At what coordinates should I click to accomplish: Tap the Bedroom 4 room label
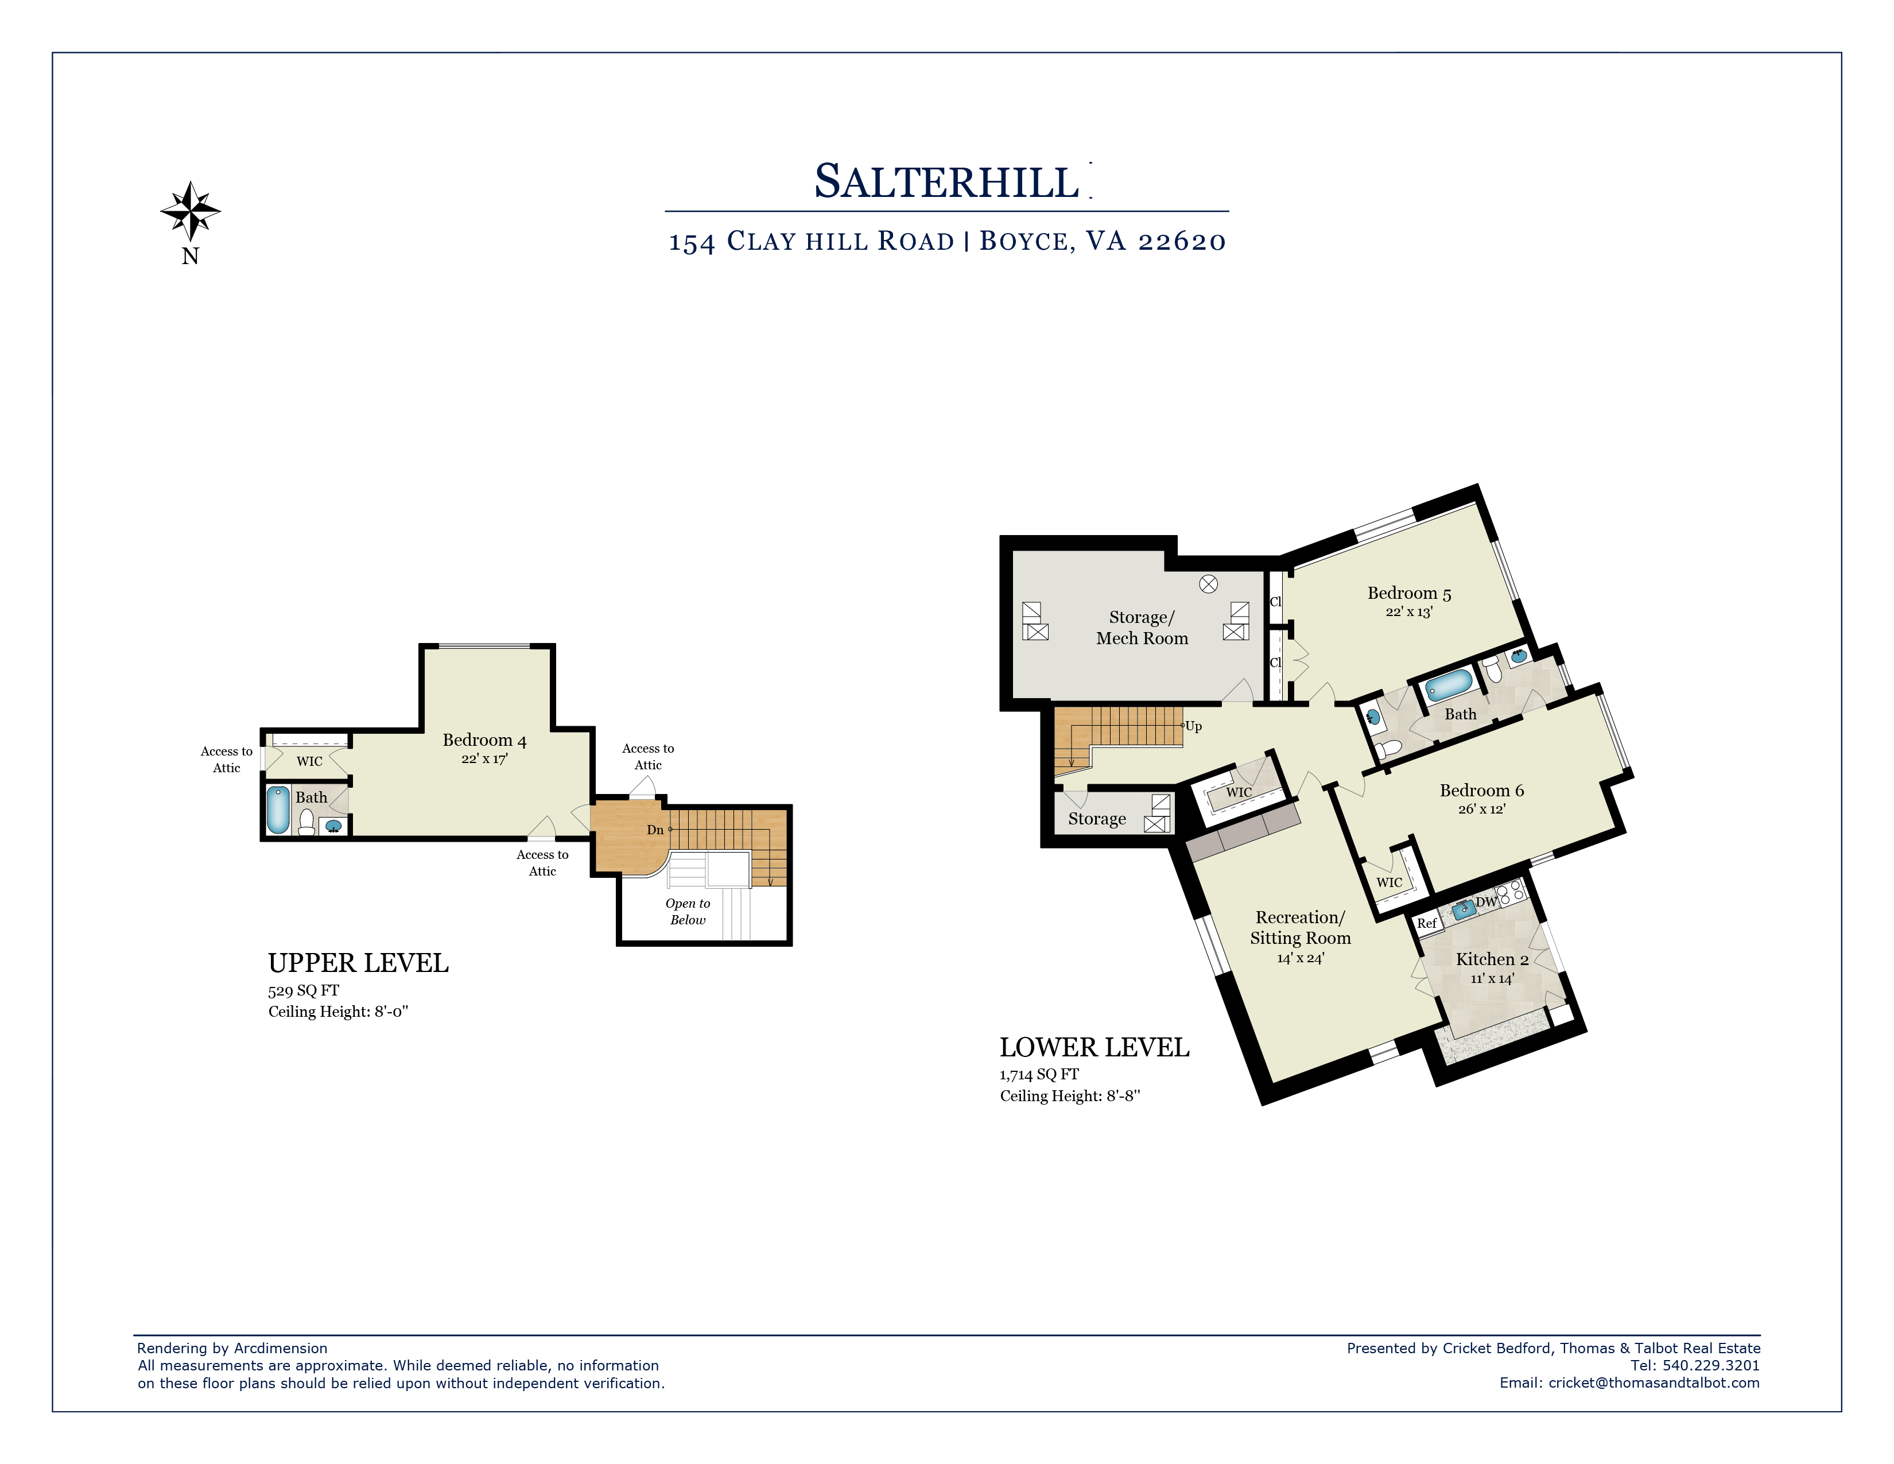(484, 740)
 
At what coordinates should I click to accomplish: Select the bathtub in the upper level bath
(278, 809)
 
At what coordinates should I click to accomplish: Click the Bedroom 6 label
(1481, 790)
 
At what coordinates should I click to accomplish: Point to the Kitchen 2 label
(1492, 959)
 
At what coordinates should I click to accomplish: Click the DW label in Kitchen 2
(1487, 902)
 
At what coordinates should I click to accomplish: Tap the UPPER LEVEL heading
(358, 963)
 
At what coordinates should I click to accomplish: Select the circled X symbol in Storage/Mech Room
(1208, 584)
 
